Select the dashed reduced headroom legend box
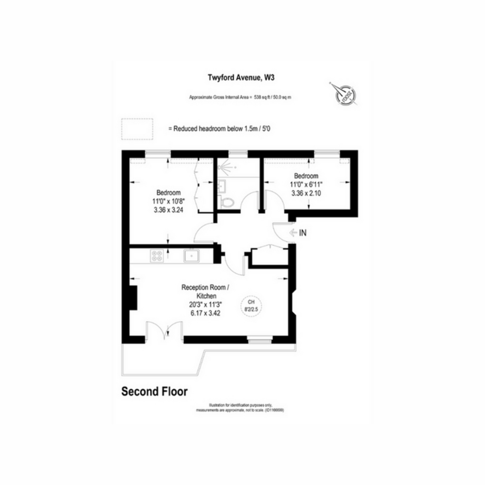137,129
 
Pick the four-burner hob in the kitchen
157,255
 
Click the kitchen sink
191,255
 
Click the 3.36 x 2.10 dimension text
306,193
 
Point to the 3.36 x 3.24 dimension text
169,210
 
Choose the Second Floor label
155,392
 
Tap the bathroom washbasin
221,187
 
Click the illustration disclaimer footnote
240,407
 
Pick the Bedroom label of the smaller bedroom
306,176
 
